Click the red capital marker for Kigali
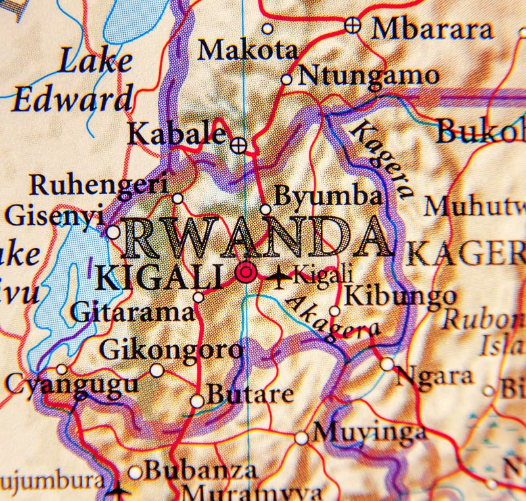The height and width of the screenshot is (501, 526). (x=246, y=272)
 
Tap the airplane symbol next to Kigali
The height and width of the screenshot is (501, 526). (x=279, y=276)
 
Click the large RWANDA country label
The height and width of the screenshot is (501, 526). (x=256, y=238)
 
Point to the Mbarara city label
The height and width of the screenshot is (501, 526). (x=431, y=29)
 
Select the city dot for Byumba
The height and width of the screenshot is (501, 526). (x=266, y=210)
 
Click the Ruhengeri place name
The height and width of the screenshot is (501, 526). (x=98, y=185)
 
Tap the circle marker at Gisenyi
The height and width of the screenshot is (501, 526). (x=113, y=232)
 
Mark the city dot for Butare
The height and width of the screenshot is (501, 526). (x=197, y=400)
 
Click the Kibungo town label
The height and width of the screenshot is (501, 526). (x=400, y=296)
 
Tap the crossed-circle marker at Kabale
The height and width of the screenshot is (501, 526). (x=239, y=144)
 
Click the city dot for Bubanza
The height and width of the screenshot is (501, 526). (x=135, y=472)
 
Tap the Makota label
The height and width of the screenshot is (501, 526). (x=248, y=50)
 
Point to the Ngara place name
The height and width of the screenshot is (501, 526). (x=434, y=375)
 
